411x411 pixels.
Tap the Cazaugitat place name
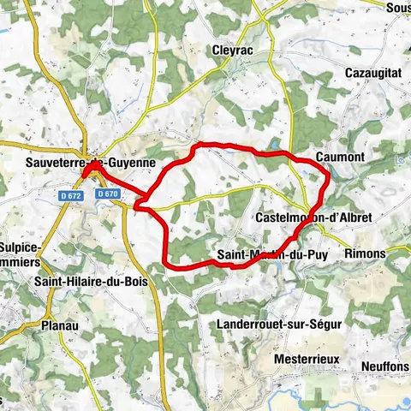click(x=373, y=74)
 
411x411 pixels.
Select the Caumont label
click(x=340, y=158)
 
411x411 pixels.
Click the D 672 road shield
click(x=71, y=196)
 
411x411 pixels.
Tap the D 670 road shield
click(x=107, y=194)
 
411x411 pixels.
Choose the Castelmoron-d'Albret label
click(x=314, y=218)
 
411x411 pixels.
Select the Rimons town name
click(x=366, y=254)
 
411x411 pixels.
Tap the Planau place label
click(x=59, y=325)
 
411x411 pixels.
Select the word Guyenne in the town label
click(x=130, y=160)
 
